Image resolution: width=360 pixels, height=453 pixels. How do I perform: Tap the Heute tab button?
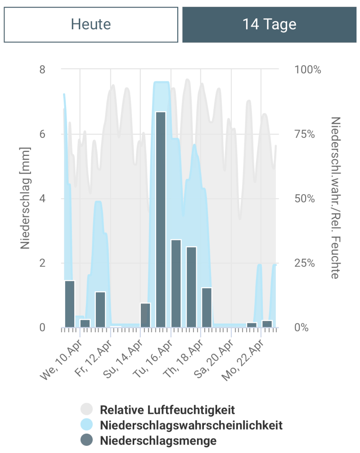point(91,24)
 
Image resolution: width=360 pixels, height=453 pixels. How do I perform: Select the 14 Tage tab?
point(269,24)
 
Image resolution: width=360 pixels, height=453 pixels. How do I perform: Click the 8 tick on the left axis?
point(42,70)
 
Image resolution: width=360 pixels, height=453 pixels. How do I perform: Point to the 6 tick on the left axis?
point(42,134)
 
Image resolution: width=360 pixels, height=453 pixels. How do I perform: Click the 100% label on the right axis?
point(308,70)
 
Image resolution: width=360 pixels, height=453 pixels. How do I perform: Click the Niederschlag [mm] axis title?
point(25,198)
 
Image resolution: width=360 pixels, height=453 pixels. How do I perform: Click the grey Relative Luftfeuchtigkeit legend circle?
point(86,410)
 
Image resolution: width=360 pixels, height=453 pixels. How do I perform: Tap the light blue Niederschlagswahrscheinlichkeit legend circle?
point(86,425)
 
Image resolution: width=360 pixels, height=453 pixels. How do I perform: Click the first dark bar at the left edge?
point(69,304)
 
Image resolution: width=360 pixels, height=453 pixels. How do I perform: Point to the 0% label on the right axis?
point(301,327)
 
